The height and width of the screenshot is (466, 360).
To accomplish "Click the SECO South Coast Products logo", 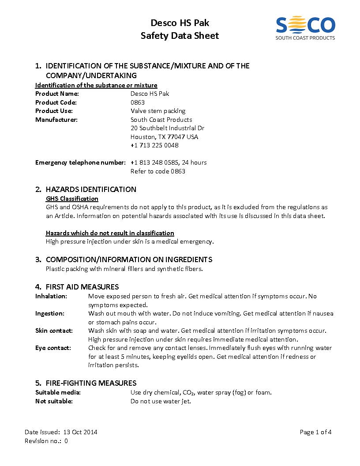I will [x=305, y=28].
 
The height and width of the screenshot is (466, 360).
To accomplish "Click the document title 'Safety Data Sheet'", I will [x=180, y=36].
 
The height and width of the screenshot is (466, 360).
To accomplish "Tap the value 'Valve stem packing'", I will [x=158, y=111].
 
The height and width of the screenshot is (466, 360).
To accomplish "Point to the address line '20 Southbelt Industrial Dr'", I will [x=167, y=128].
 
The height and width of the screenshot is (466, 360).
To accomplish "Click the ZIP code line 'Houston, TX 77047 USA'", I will [x=164, y=137].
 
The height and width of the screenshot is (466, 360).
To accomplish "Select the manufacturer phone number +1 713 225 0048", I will [x=154, y=145].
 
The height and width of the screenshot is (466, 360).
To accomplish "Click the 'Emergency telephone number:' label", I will [x=80, y=162].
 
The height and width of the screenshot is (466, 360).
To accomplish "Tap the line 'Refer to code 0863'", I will [x=158, y=171].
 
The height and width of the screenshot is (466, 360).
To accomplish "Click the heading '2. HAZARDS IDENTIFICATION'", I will [x=86, y=189].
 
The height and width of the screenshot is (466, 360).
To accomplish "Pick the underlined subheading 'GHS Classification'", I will [x=72, y=199].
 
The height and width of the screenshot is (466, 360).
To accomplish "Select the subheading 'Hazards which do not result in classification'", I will [x=110, y=233].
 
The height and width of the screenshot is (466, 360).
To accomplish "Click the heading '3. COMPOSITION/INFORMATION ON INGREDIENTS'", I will [x=124, y=259].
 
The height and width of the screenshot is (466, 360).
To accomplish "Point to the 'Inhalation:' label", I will [x=51, y=296].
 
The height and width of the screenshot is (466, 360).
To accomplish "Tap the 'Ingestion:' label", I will [x=50, y=313].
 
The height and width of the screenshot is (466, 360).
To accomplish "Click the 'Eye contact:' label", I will [x=53, y=348].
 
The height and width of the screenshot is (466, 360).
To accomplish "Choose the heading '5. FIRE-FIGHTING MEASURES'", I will [x=86, y=383].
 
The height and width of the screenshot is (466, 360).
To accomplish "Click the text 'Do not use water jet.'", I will [x=161, y=401].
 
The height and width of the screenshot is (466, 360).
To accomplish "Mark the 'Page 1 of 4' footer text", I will [x=315, y=432].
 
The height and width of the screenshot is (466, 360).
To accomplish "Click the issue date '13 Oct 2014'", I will [x=80, y=432].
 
